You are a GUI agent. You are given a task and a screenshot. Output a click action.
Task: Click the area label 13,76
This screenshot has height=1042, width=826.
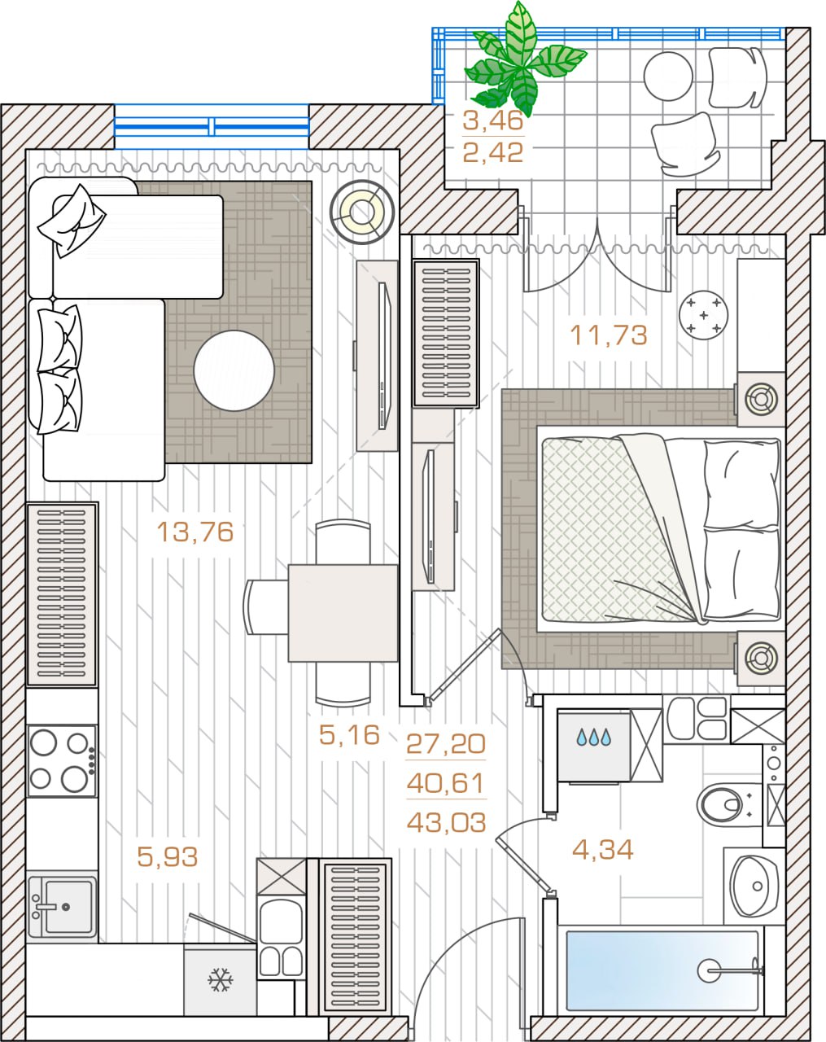(x=195, y=532)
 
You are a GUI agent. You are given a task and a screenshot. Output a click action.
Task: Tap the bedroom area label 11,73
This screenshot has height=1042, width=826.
(x=609, y=335)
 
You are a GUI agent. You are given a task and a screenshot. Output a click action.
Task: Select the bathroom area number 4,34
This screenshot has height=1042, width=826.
(x=602, y=849)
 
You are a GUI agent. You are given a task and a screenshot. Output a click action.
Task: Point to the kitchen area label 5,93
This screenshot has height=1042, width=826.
(x=168, y=856)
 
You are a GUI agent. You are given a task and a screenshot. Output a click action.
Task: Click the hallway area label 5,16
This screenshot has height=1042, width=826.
(x=349, y=734)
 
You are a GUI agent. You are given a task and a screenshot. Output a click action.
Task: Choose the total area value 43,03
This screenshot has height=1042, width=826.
(x=447, y=822)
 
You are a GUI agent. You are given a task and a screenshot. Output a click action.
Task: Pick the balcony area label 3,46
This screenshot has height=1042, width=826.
(x=493, y=120)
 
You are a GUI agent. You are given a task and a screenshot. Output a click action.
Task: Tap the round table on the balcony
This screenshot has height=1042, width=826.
(x=668, y=76)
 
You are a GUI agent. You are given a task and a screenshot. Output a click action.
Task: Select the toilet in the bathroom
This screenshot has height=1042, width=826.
(x=724, y=804)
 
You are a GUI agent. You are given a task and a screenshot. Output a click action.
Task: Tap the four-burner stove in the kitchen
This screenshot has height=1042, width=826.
(x=62, y=760)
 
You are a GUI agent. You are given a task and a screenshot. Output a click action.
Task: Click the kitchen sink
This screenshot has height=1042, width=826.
(x=62, y=906)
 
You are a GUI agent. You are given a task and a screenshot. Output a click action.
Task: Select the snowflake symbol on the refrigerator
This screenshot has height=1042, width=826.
(x=221, y=979)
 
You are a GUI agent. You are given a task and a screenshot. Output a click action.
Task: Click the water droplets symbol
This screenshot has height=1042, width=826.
(x=593, y=737)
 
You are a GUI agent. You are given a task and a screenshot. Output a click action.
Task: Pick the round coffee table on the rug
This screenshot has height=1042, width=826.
(x=234, y=370)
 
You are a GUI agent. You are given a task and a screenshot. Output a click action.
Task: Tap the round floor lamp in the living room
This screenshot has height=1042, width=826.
(x=361, y=212)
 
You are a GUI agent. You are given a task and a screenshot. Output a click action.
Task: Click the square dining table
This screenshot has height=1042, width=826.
(x=343, y=613)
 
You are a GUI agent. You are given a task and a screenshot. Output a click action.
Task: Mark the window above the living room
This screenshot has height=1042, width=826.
(x=212, y=126)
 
